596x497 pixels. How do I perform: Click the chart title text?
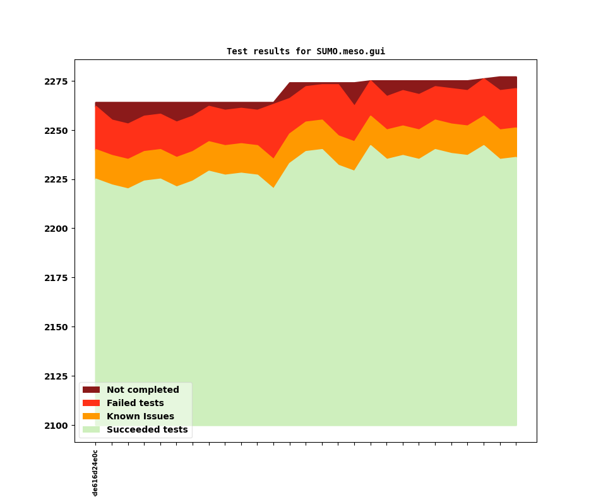tap(306, 52)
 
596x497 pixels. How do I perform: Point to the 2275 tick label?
tap(56, 81)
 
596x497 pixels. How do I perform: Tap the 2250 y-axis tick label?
tap(56, 131)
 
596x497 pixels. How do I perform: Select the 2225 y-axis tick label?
tap(56, 180)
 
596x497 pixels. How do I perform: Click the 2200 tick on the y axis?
tap(56, 229)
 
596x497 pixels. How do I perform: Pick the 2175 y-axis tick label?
tap(56, 278)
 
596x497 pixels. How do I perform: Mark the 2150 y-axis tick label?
tap(56, 327)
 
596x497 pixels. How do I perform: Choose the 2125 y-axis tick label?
tap(56, 376)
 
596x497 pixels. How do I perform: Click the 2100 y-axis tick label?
tap(56, 426)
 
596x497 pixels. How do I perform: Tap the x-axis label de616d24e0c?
tap(95, 473)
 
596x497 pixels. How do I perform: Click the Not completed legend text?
tap(143, 390)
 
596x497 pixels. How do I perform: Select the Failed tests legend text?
tap(135, 404)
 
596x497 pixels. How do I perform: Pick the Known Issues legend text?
tap(140, 417)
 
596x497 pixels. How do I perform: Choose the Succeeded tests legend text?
tap(147, 430)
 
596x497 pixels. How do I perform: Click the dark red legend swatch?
tap(91, 390)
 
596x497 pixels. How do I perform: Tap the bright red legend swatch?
tap(91, 404)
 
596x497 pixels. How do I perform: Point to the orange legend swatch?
tap(91, 417)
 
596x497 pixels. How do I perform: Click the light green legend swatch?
tap(91, 430)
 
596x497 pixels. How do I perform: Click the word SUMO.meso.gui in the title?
tap(350, 52)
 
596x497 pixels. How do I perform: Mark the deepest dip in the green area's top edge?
tap(128, 188)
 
